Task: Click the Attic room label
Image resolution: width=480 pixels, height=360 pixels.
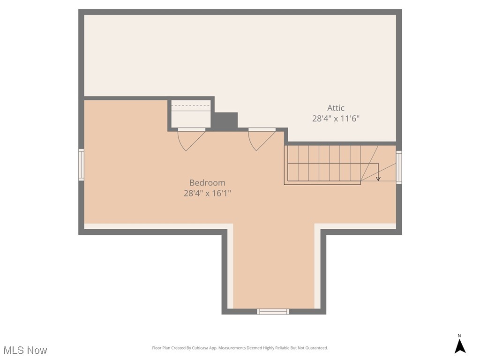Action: (336, 108)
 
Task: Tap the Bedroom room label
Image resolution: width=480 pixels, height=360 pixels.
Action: (207, 183)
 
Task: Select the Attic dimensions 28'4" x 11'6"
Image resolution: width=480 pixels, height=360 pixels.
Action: (336, 119)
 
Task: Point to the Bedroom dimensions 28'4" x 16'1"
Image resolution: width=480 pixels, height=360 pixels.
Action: (207, 194)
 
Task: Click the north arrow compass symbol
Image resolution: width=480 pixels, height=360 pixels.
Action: (460, 346)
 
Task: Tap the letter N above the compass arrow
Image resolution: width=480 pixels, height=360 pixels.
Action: (459, 336)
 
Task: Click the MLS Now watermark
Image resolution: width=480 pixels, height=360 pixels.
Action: (25, 350)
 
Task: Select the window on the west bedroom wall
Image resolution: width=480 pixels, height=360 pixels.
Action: (81, 165)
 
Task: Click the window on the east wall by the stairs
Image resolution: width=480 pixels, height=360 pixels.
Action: (399, 167)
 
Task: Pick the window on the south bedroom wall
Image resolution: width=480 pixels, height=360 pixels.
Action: (273, 312)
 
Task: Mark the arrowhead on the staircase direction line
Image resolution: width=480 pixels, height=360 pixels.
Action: (378, 179)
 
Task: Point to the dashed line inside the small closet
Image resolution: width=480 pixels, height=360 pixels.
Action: (191, 105)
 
